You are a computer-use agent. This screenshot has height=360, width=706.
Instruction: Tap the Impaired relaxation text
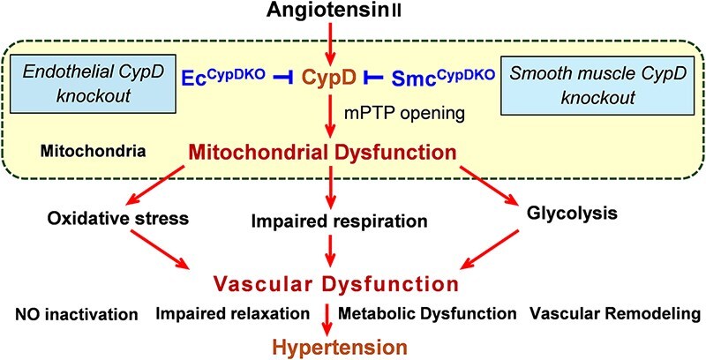(233, 314)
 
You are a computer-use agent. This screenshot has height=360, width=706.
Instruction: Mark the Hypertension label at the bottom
(329, 346)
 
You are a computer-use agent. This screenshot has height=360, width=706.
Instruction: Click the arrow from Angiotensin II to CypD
(329, 44)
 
